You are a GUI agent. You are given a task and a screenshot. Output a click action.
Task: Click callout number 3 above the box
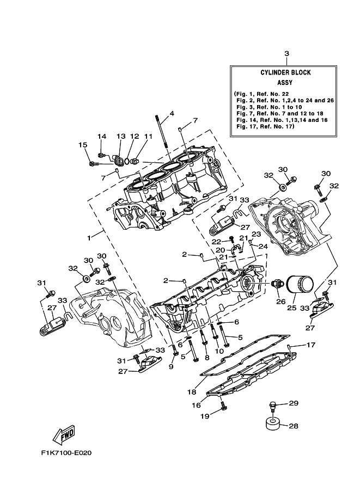286,53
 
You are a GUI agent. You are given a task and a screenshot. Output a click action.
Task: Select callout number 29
294,403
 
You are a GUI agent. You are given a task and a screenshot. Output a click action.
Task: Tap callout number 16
196,406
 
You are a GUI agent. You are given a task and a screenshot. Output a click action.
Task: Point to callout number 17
310,345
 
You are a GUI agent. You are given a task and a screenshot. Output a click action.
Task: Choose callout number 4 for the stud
172,114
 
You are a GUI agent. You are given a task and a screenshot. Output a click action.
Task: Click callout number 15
83,145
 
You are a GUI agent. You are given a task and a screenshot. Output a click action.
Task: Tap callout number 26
280,300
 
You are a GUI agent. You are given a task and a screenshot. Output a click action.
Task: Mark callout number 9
171,366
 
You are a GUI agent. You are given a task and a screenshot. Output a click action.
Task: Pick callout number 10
219,352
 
